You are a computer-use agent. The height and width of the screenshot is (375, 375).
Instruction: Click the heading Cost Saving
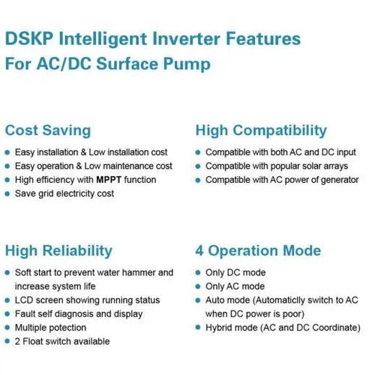[48, 130]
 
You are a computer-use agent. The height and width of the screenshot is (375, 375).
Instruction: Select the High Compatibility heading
[261, 130]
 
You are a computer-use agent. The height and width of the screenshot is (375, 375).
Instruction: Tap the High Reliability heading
[58, 250]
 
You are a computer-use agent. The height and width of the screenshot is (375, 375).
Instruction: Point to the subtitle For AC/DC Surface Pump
[108, 64]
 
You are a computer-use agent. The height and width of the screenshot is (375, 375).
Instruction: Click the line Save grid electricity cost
[65, 194]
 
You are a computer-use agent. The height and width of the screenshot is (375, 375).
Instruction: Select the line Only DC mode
[235, 272]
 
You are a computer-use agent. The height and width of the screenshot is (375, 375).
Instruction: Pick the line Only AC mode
[235, 286]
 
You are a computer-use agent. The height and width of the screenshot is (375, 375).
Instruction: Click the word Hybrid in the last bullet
[219, 328]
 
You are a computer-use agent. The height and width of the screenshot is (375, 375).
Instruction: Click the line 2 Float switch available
[62, 341]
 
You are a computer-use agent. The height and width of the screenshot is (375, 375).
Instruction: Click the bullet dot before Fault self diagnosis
[7, 314]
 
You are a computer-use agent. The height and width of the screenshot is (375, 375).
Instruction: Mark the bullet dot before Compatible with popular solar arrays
[199, 166]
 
